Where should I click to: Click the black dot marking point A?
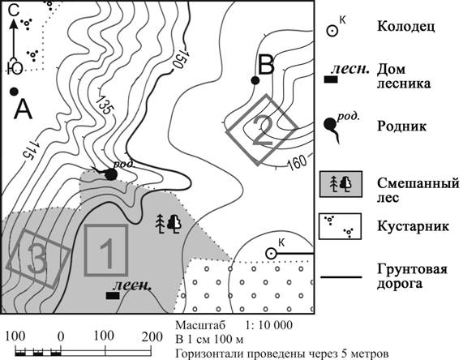(x=14, y=92)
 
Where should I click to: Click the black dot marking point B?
(x=255, y=80)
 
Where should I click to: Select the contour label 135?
(x=105, y=105)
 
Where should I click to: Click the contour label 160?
(x=297, y=162)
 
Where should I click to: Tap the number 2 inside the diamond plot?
(x=262, y=131)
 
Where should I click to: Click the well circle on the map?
(x=271, y=254)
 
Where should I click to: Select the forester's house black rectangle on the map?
(x=113, y=295)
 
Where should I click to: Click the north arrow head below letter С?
(x=13, y=24)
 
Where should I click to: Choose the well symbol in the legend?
(x=332, y=31)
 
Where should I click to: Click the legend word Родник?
(x=401, y=126)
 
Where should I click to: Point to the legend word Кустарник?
(x=413, y=226)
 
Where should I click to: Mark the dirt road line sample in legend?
(x=341, y=277)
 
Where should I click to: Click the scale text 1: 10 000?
(x=269, y=325)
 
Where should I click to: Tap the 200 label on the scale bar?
(x=152, y=336)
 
